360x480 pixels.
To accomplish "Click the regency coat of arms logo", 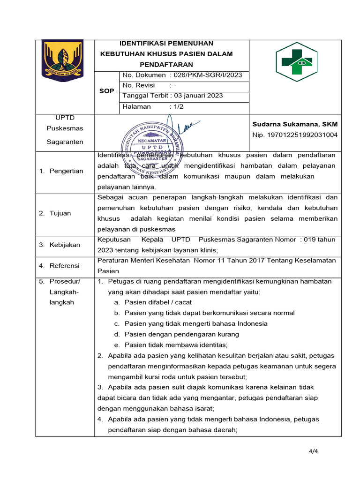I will [x=62, y=58].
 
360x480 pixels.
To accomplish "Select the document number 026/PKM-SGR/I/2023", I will [x=207, y=75].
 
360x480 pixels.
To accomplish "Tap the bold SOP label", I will [x=107, y=91].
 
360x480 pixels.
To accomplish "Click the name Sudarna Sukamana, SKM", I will [x=295, y=124].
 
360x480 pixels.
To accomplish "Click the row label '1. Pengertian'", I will [x=61, y=171].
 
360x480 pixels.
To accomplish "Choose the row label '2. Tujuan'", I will [x=55, y=213].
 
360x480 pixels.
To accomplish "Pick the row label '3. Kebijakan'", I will [x=60, y=245].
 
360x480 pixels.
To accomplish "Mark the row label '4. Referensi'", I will [x=59, y=266].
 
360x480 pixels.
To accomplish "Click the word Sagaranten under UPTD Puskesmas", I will [x=65, y=142].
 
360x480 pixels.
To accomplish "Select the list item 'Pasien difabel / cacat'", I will [x=155, y=302].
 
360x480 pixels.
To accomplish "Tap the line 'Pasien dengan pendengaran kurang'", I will [x=182, y=334].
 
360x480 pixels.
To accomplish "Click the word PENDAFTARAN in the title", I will [x=166, y=65].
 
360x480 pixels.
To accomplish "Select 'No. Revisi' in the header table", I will [x=139, y=85].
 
